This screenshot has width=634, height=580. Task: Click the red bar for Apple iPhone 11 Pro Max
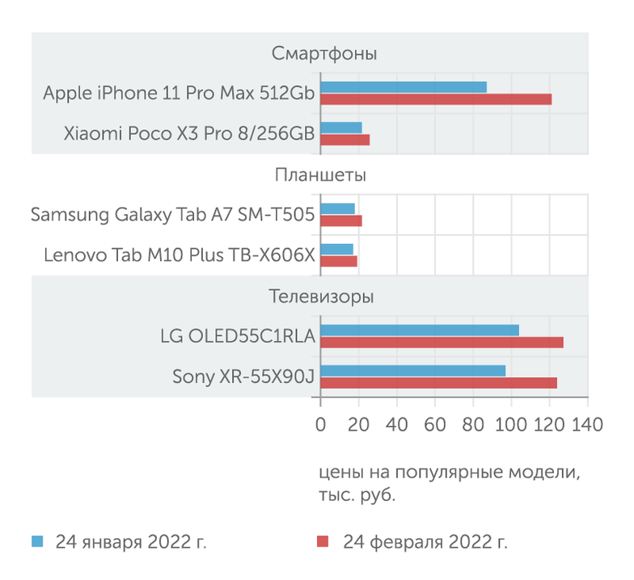[436, 99]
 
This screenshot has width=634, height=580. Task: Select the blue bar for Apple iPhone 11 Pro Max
[404, 87]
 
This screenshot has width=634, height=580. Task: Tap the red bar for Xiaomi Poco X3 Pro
[344, 140]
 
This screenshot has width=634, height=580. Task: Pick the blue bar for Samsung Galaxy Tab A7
[337, 208]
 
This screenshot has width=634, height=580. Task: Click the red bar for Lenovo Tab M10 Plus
[338, 261]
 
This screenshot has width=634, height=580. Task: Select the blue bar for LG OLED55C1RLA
[419, 330]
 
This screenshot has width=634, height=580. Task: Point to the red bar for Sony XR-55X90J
[438, 383]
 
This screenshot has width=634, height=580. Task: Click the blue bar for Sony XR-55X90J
[412, 371]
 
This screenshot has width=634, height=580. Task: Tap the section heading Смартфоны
[324, 54]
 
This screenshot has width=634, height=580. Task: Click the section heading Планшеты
[320, 175]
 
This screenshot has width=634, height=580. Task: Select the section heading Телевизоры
[321, 296]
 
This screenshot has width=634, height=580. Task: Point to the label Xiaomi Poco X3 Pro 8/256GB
[188, 134]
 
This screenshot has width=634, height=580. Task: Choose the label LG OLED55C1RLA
[237, 335]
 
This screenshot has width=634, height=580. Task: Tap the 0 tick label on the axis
[320, 425]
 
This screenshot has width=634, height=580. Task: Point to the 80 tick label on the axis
[473, 425]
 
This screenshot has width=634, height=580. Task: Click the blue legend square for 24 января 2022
[36, 541]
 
